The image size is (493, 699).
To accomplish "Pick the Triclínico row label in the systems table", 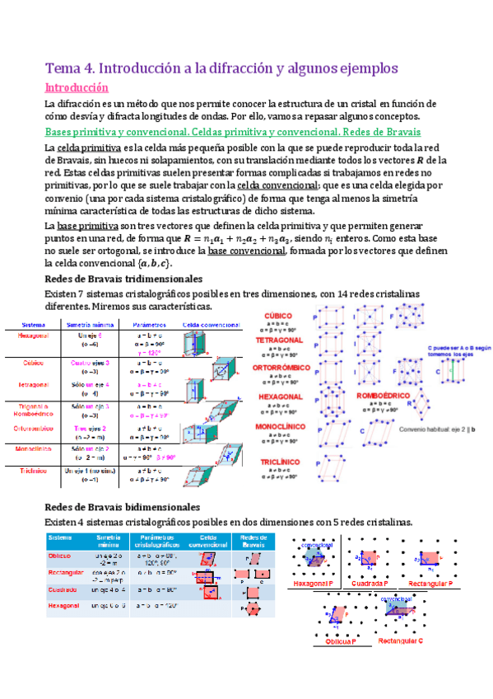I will [x=34, y=471].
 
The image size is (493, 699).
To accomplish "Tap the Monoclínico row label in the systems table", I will [x=34, y=449].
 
